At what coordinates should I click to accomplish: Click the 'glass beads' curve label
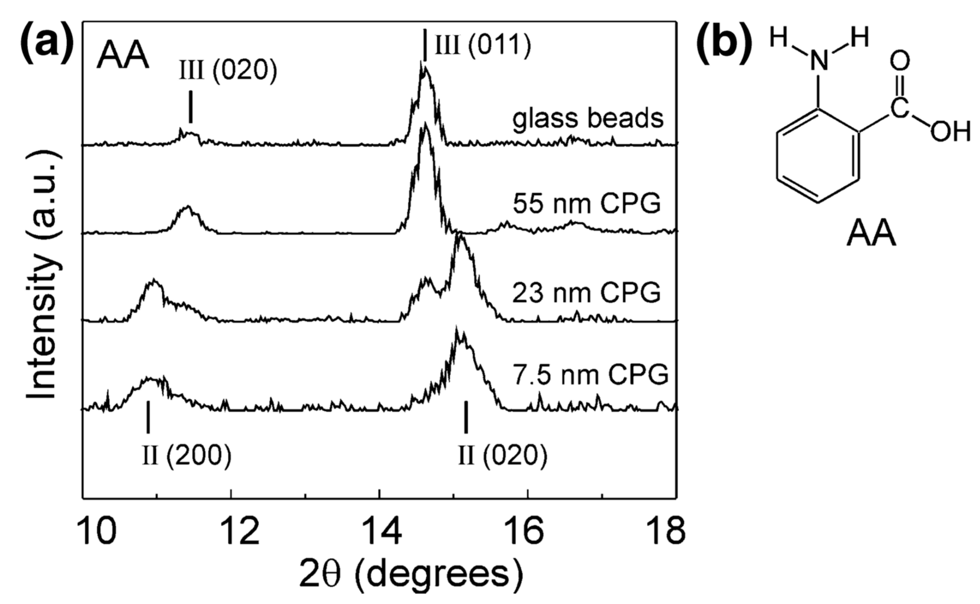coord(588,119)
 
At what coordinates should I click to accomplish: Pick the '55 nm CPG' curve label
coord(587,204)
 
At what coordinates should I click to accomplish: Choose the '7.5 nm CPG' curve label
coord(590,374)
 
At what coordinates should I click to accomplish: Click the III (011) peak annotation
coord(483,46)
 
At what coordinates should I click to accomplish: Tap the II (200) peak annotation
coord(187,455)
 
